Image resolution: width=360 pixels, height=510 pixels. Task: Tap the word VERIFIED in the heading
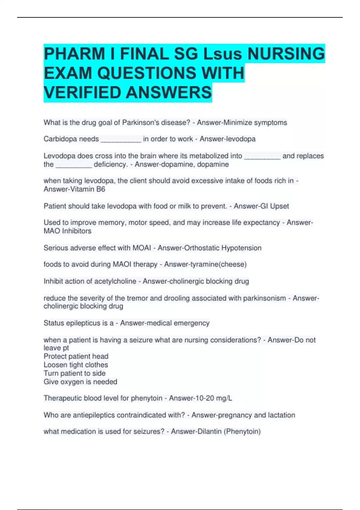coord(82,92)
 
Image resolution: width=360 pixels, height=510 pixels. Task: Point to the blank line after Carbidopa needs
coord(121,139)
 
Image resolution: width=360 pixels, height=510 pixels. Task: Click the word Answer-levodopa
coord(227,139)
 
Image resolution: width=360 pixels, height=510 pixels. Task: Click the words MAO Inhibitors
coord(67,231)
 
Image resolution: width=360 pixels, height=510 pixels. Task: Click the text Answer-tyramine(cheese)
coord(205,264)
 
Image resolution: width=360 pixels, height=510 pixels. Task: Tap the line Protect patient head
coord(76,356)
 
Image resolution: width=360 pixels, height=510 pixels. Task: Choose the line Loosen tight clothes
coord(76,365)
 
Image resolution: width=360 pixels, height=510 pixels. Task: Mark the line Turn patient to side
coord(74,373)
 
